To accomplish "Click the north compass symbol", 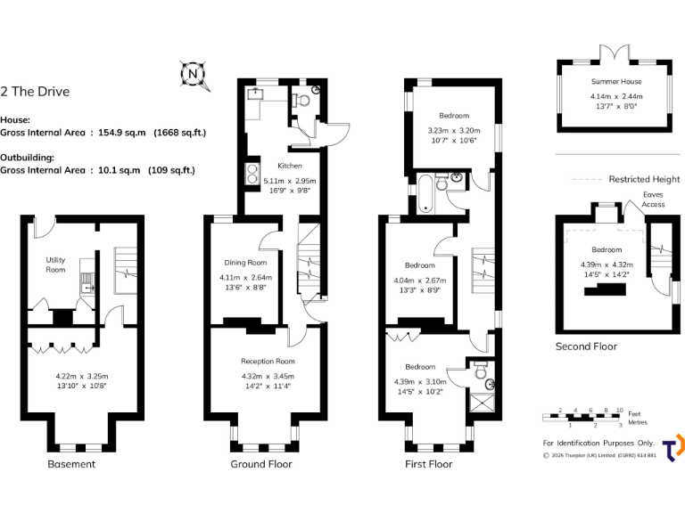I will tap(194, 74).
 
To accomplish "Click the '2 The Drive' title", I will tap(35, 91).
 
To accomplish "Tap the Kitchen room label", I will tap(290, 166).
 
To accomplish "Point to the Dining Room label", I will tap(245, 263).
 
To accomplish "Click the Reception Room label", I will tap(268, 362).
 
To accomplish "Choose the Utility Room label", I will tap(56, 265).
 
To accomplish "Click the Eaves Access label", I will tap(653, 199).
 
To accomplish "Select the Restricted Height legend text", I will tap(644, 179).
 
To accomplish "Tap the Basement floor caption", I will tap(70, 464).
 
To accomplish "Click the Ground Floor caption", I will tap(261, 464).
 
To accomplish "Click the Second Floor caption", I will tap(586, 346).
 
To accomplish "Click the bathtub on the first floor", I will tap(424, 194).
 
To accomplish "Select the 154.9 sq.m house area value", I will tap(123, 133).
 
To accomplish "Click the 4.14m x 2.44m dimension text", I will tap(616, 96).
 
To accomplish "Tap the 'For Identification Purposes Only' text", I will tap(598, 443).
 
